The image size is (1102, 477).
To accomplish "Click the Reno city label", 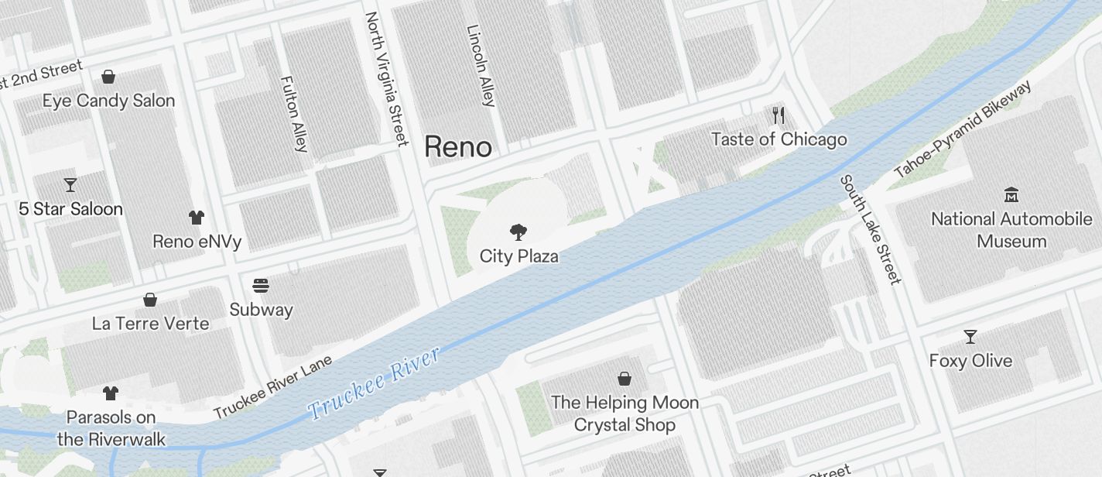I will [x=458, y=146].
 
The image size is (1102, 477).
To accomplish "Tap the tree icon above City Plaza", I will [x=518, y=231].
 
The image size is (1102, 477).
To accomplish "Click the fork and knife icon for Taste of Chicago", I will [x=779, y=116].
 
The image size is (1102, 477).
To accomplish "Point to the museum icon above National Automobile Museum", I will [x=1011, y=194].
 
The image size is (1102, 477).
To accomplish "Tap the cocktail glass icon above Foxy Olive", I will [x=970, y=337].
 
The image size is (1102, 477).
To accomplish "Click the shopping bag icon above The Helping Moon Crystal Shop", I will [x=624, y=379].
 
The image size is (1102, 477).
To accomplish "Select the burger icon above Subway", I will [x=261, y=286].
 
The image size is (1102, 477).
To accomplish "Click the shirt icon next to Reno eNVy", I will [x=196, y=218].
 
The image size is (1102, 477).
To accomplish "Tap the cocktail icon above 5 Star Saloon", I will [x=70, y=185].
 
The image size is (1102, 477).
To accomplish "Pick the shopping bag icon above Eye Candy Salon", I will [x=108, y=77].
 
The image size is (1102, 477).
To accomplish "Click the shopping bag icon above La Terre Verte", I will [x=150, y=300].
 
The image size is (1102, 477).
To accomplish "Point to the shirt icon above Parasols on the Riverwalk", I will [x=111, y=393].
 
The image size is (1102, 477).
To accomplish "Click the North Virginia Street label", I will [x=386, y=78].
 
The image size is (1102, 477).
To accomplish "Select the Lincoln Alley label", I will [x=481, y=65].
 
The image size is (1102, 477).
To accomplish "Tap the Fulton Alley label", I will [x=295, y=113].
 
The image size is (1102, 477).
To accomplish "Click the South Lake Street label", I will [x=871, y=229].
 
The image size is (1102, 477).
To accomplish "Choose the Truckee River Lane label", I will [x=272, y=386].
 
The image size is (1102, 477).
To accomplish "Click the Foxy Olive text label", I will [x=970, y=361].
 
